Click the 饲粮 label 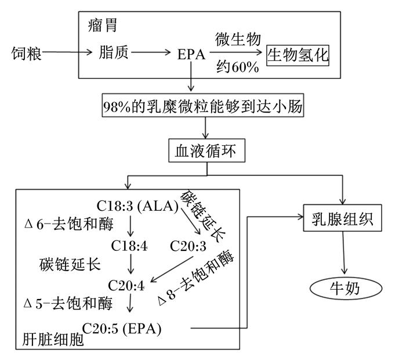coord(26,55)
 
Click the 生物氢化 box coord(298,55)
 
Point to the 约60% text coord(237,66)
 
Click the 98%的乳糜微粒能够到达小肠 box coord(202,106)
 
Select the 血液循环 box coord(206,150)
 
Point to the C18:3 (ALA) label coord(137,207)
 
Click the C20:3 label coord(188,246)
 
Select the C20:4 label coord(127,285)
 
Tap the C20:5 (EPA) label coord(122,328)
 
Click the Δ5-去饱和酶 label coord(69,302)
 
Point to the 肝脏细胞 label coord(52,340)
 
